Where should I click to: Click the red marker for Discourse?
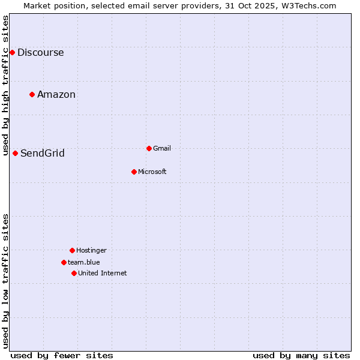(12, 52)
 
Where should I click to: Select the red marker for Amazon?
(32, 94)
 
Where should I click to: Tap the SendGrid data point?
(15, 153)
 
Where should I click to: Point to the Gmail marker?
(149, 148)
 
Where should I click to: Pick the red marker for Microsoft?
(134, 172)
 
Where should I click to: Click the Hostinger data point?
(72, 250)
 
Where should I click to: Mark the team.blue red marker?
(64, 262)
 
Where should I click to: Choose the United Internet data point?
(74, 273)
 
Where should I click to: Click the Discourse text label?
(40, 52)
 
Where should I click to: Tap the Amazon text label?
(56, 94)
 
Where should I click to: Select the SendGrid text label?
(43, 153)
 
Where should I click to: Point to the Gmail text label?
(162, 148)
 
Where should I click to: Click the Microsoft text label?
(152, 172)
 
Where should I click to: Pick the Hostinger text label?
(91, 250)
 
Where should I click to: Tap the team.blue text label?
(84, 262)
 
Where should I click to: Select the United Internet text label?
(103, 273)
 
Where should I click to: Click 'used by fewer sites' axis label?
(62, 355)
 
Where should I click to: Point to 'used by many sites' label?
(301, 355)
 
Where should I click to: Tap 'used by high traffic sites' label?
(5, 84)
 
